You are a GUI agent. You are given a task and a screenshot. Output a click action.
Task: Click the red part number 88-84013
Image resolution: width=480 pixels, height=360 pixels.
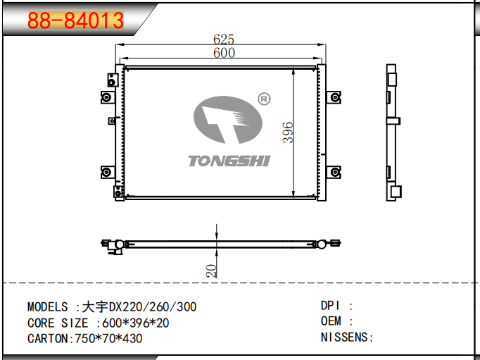tap(75, 20)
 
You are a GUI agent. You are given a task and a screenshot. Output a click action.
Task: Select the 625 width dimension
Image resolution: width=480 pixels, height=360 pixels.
tap(224, 39)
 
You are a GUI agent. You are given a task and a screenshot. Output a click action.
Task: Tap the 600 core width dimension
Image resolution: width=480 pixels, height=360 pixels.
tap(224, 53)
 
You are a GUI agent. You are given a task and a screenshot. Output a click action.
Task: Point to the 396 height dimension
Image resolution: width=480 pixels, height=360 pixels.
tap(288, 132)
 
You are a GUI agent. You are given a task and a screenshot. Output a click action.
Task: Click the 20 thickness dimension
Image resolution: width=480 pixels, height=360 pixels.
tap(211, 271)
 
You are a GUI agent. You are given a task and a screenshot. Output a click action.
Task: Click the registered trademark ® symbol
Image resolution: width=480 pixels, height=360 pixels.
tap(264, 99)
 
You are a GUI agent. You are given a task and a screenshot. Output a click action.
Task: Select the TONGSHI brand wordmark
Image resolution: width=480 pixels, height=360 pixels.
tap(229, 161)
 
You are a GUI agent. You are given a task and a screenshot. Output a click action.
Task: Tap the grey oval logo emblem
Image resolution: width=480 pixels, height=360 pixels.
tap(228, 120)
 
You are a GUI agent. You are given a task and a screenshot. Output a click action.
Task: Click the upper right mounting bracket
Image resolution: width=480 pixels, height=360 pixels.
tap(334, 97)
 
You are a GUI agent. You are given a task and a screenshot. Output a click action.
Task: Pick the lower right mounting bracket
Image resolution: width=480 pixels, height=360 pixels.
tap(334, 172)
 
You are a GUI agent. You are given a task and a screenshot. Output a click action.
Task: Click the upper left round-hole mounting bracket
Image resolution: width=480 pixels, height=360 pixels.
tap(108, 97)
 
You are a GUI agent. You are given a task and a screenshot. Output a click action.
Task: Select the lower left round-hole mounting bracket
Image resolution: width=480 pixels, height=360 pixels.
tap(108, 172)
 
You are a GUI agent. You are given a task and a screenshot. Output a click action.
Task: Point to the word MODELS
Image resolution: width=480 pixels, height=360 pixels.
tap(47, 306)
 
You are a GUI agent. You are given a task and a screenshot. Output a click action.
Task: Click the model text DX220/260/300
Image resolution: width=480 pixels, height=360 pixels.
tap(153, 306)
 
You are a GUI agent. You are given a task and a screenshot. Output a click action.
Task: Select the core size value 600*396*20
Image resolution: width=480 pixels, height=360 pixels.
tap(136, 323)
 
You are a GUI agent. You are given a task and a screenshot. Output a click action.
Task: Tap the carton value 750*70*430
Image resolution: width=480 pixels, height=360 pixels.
tap(108, 339)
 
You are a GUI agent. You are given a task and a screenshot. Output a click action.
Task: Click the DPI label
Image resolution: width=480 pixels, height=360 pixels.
tap(330, 306)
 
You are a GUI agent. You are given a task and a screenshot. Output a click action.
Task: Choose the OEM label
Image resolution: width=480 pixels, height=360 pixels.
tap(331, 321)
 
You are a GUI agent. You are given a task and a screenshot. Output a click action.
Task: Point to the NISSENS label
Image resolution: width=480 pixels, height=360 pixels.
tap(344, 337)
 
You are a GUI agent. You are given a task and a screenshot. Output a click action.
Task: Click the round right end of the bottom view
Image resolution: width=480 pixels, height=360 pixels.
tap(321, 244)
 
